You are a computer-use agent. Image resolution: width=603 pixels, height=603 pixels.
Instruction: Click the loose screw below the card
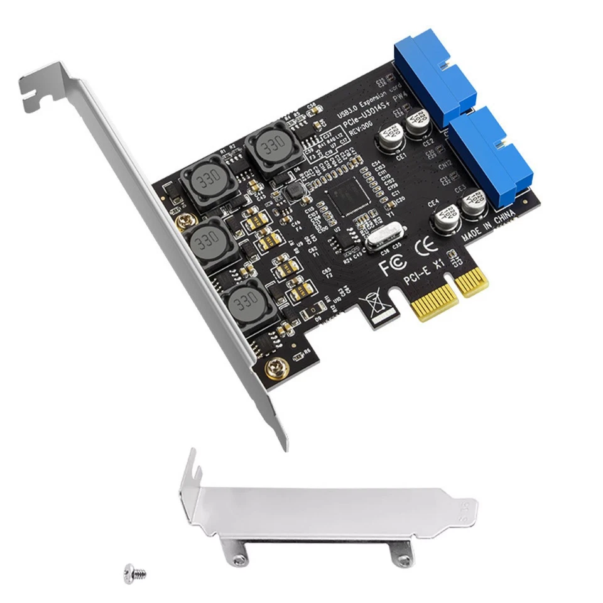pos(134,573)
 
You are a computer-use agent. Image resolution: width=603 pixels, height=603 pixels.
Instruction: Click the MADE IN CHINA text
pos(488,227)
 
